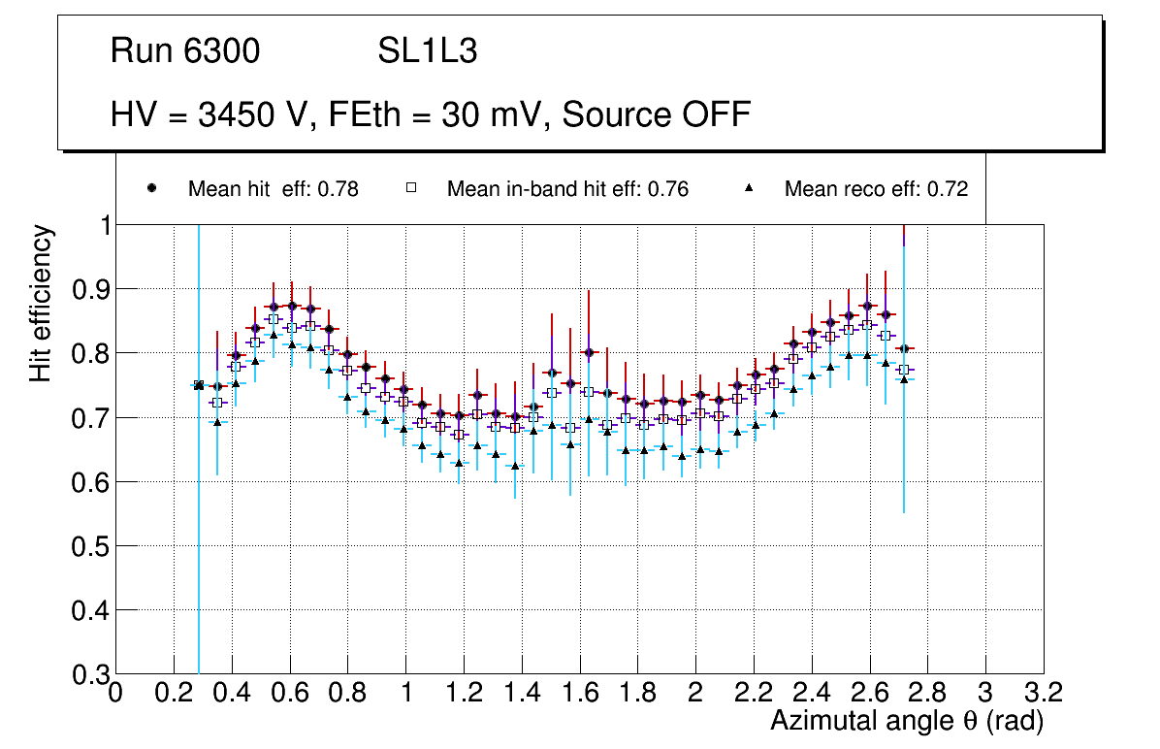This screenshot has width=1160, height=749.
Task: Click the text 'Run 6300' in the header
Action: click(185, 51)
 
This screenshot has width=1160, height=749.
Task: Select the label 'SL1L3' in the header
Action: click(428, 51)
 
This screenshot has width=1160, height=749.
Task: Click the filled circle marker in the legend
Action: click(151, 188)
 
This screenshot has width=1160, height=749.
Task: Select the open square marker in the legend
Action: click(411, 188)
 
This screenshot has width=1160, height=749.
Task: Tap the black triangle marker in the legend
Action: click(749, 188)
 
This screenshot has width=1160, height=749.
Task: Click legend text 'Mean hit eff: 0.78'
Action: click(274, 189)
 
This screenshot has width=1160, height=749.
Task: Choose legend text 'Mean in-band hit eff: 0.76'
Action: click(567, 189)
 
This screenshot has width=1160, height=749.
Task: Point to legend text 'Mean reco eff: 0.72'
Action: click(876, 189)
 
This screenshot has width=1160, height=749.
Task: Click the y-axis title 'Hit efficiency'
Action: click(42, 303)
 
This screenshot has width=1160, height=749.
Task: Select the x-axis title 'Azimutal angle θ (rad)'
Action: click(906, 721)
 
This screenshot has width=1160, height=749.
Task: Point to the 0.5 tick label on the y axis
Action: click(90, 546)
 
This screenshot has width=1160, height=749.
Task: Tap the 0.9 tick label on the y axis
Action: click(90, 289)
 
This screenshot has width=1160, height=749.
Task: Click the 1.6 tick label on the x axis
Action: click(579, 693)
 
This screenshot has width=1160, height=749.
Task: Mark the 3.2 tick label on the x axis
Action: click(1044, 693)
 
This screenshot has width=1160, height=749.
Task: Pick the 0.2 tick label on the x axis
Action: click(174, 693)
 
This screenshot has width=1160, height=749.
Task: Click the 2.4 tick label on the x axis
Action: click(811, 693)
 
